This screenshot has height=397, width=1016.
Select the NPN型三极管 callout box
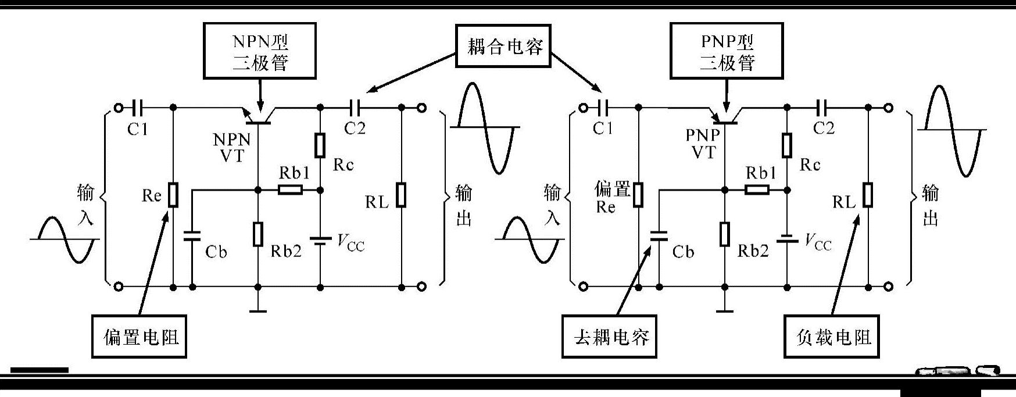[260, 51]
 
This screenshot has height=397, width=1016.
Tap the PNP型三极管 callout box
[726, 51]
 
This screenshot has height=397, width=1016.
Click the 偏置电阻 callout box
[139, 337]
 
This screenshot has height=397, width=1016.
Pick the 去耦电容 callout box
[610, 337]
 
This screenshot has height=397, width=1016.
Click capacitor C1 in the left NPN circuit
[138, 108]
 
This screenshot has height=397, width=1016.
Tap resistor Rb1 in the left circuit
[290, 189]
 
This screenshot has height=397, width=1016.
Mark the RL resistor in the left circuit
[401, 195]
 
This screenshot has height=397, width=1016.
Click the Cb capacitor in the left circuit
[192, 236]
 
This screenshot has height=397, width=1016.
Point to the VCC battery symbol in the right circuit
[786, 239]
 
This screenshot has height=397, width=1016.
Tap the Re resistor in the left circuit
[173, 195]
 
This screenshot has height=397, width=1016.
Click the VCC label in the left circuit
[350, 243]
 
